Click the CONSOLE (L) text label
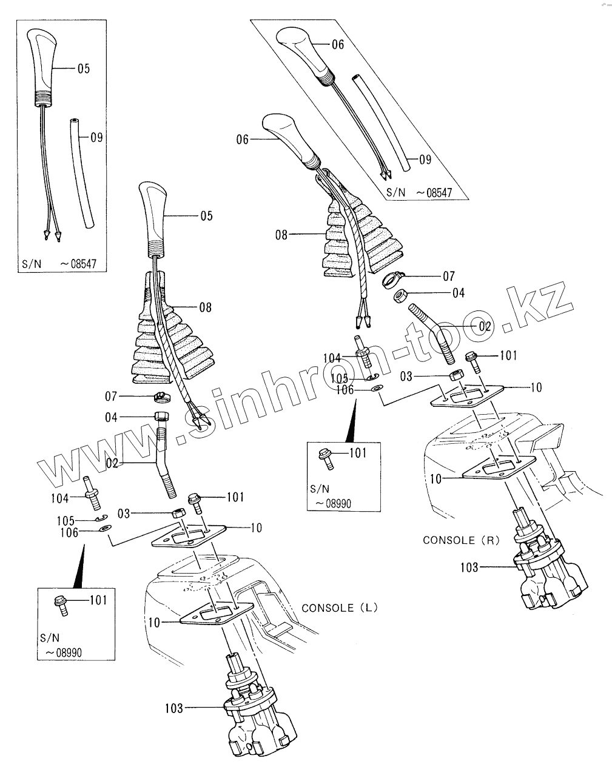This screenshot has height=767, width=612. click(x=339, y=608)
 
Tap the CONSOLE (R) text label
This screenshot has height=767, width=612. click(x=460, y=540)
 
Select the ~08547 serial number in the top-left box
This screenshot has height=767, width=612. click(x=79, y=264)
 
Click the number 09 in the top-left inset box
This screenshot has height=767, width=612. click(x=96, y=138)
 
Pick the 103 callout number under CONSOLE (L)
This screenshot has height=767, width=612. click(x=173, y=708)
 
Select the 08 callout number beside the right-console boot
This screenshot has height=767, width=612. click(x=281, y=233)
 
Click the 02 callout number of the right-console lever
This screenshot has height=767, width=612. click(x=485, y=326)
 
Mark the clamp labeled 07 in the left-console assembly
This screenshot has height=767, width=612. click(x=160, y=397)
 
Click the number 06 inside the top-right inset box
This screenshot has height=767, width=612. click(x=337, y=44)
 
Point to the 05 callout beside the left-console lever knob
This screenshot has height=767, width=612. click(x=206, y=215)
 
